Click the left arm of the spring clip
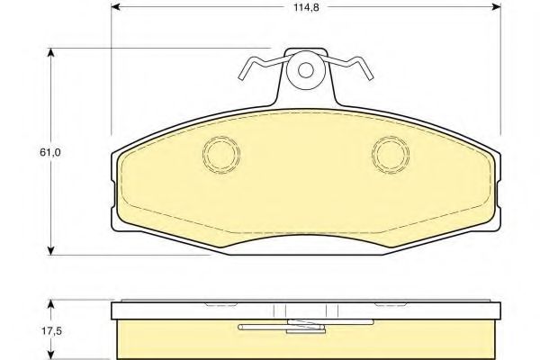click(262, 65)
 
